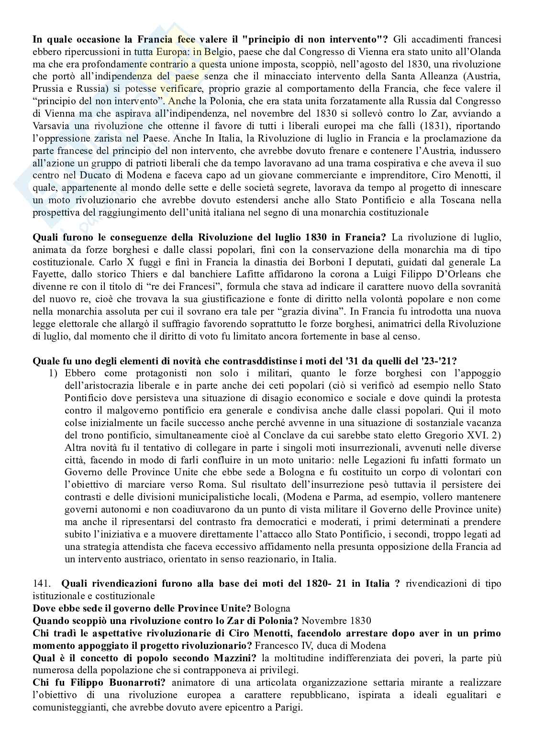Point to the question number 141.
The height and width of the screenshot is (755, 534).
[x=41, y=584]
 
